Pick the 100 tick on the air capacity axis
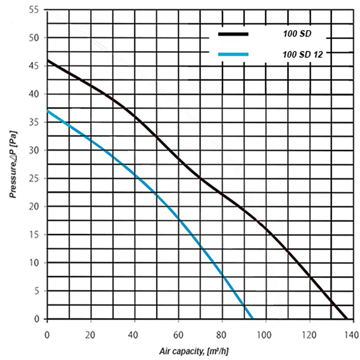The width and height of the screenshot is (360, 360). tap(265, 334)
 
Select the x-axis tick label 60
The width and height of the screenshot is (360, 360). tap(178, 334)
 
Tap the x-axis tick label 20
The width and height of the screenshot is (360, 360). tap(91, 334)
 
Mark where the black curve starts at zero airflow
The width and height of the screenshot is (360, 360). tap(47, 60)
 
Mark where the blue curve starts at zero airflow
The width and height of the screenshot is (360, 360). tap(47, 111)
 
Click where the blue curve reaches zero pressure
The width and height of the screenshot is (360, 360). tap(252, 319)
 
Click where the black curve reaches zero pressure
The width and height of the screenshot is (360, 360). tap(346, 319)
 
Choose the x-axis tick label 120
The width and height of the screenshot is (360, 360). tap(309, 334)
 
